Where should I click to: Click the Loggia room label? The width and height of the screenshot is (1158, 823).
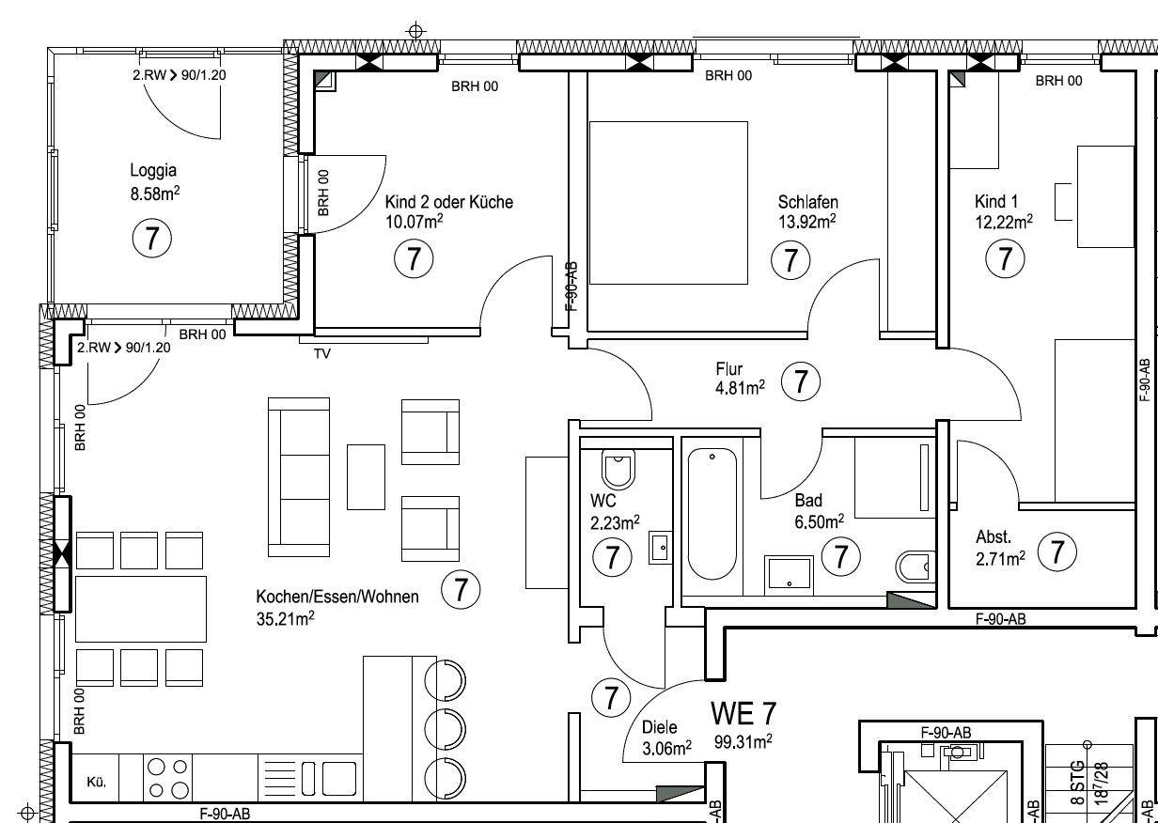click(x=153, y=170)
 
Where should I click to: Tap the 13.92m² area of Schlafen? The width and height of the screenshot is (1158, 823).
click(x=807, y=222)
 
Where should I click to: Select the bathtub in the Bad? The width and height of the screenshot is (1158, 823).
click(x=712, y=514)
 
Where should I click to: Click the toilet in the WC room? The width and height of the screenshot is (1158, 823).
click(x=618, y=469)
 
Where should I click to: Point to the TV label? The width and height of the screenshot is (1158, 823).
click(x=322, y=354)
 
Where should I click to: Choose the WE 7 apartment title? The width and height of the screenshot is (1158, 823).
click(x=743, y=713)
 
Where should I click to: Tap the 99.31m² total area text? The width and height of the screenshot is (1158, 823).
click(x=743, y=742)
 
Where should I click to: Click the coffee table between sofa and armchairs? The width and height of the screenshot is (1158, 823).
click(x=366, y=477)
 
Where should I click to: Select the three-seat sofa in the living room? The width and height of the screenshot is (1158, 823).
click(x=299, y=477)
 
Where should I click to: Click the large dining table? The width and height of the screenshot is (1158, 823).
click(x=141, y=609)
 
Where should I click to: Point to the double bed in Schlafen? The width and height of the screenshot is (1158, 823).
click(x=668, y=203)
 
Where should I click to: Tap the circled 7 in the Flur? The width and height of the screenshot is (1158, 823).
click(x=800, y=381)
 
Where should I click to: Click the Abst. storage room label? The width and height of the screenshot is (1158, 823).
click(x=994, y=537)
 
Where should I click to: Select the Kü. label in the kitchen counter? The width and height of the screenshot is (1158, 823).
click(x=96, y=783)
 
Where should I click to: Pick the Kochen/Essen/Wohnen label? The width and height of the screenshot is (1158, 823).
click(x=337, y=597)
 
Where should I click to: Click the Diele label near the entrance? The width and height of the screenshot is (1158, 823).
click(x=659, y=727)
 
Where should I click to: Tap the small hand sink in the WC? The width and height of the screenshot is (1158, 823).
click(x=661, y=547)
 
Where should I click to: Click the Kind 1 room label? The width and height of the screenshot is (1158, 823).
click(x=995, y=201)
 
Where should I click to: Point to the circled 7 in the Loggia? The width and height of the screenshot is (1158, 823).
click(x=151, y=239)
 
